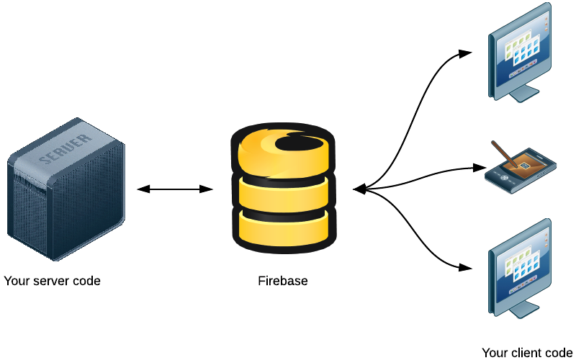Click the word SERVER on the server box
(66, 148)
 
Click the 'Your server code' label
(52, 281)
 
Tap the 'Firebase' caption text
(283, 281)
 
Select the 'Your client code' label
(527, 352)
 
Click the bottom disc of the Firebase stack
(283, 227)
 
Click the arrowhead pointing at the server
(143, 189)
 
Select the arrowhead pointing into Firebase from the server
(207, 189)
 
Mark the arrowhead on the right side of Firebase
(359, 189)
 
